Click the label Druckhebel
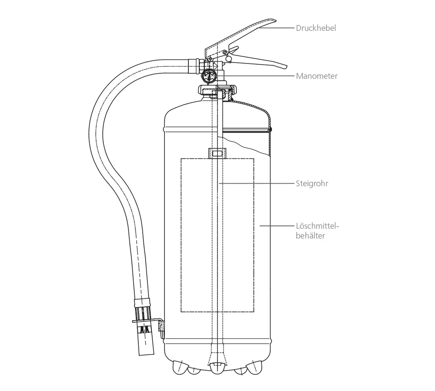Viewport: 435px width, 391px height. [316, 28]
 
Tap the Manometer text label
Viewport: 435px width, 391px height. [317, 76]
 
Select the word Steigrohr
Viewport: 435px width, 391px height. [312, 184]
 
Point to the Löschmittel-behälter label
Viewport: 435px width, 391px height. [317, 231]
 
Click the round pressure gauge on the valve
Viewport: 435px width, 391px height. [208, 75]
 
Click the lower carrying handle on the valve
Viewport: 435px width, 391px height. [261, 60]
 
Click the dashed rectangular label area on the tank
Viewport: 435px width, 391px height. [217, 235]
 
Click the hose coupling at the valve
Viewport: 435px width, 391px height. [194, 67]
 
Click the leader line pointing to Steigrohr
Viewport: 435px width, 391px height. [257, 184]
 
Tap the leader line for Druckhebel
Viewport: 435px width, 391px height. [278, 28]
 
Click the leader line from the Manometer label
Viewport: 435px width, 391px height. [261, 76]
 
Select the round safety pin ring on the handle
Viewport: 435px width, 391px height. [228, 58]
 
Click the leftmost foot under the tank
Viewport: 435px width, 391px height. [178, 367]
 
